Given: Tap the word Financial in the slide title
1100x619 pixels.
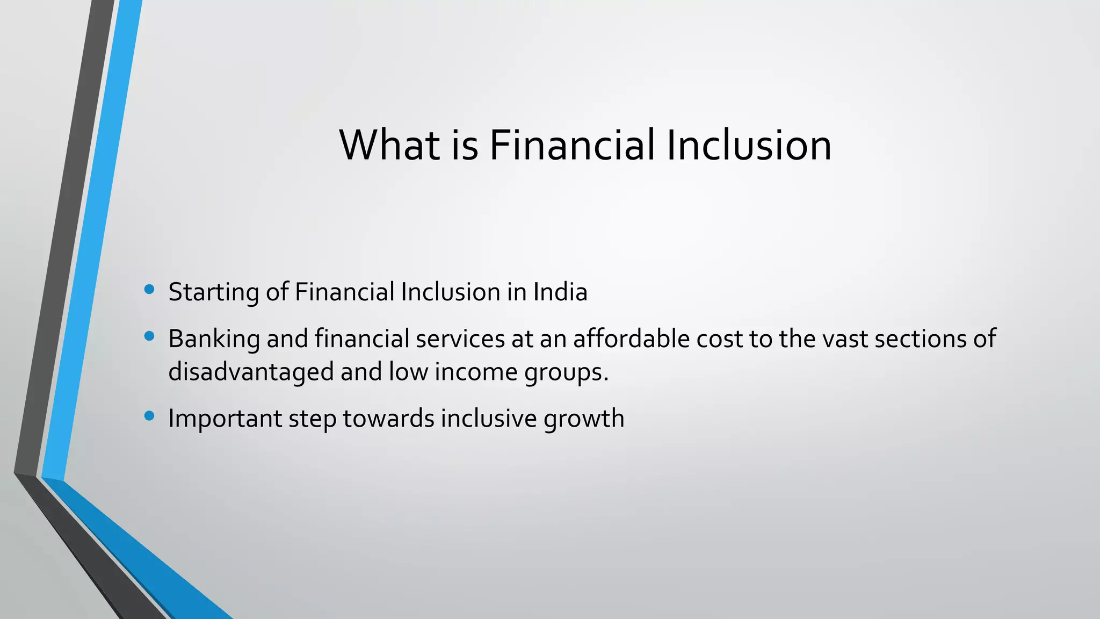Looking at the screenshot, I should tap(571, 145).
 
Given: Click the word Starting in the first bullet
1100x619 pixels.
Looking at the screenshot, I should tap(214, 293).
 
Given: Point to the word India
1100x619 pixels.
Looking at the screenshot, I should tap(560, 292).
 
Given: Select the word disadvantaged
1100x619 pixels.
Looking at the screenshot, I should tap(251, 372).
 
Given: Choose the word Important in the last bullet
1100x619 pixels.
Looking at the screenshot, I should tap(225, 419).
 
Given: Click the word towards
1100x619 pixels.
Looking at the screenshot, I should tap(388, 418).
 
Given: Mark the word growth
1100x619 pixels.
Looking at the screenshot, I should tap(584, 419).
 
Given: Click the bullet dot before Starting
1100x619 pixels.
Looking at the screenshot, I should tap(149, 290).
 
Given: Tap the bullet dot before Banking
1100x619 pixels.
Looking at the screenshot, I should tap(149, 337).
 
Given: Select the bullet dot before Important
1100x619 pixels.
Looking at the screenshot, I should tap(149, 416).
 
